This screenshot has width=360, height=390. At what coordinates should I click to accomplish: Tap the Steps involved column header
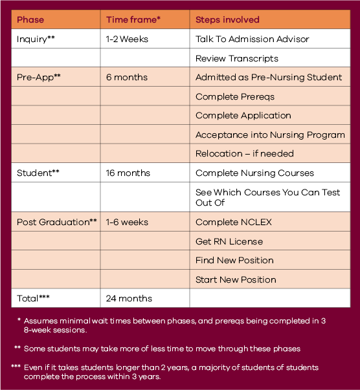click(227, 20)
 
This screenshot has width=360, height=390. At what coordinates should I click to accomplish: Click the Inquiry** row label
click(36, 39)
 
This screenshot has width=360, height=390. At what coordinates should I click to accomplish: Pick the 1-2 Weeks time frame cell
click(127, 39)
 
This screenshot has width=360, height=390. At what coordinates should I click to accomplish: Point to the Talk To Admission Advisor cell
click(252, 39)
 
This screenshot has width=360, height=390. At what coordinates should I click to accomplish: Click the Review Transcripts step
click(238, 59)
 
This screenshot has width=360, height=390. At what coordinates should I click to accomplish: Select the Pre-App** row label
click(39, 78)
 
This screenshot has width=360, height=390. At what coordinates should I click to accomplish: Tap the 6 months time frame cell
click(127, 78)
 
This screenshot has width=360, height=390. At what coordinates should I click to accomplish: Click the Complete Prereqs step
click(235, 97)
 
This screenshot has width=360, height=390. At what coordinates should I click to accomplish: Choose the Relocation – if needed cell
click(244, 154)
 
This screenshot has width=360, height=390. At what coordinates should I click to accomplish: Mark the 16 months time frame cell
click(128, 173)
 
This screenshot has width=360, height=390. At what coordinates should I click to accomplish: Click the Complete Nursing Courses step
click(254, 173)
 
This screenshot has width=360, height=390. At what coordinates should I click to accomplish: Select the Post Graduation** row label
click(57, 222)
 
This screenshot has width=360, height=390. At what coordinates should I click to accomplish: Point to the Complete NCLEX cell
click(234, 222)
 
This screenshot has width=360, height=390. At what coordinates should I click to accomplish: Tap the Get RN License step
click(229, 242)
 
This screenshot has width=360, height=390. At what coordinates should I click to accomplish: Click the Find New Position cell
click(234, 261)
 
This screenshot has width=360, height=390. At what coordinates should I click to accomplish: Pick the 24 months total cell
click(129, 299)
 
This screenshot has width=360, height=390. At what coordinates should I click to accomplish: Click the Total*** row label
click(33, 299)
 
